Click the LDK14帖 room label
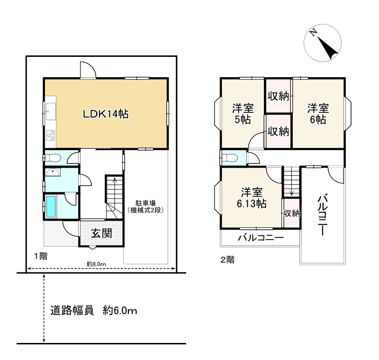[107, 114]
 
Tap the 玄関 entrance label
[101, 234]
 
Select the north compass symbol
[322, 43]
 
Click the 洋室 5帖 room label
[242, 113]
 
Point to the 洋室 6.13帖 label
[251, 198]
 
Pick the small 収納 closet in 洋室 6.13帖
[291, 213]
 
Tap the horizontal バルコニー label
[260, 238]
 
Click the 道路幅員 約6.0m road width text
[94, 311]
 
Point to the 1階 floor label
[40, 256]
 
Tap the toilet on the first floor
[53, 157]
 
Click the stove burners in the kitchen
[50, 136]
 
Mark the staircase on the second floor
[291, 182]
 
